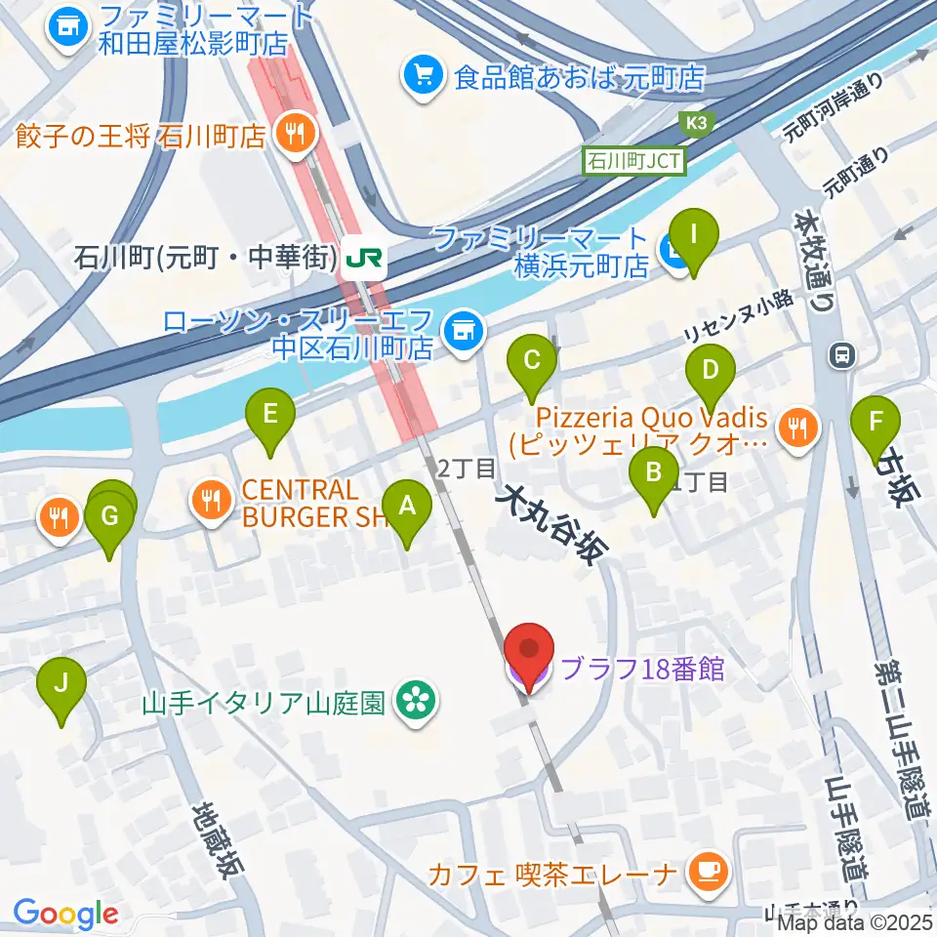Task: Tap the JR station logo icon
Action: tap(369, 259)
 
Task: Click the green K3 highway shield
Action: tap(697, 122)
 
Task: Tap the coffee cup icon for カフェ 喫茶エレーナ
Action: tap(704, 870)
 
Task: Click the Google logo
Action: tap(64, 915)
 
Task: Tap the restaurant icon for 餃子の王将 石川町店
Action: tap(293, 134)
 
